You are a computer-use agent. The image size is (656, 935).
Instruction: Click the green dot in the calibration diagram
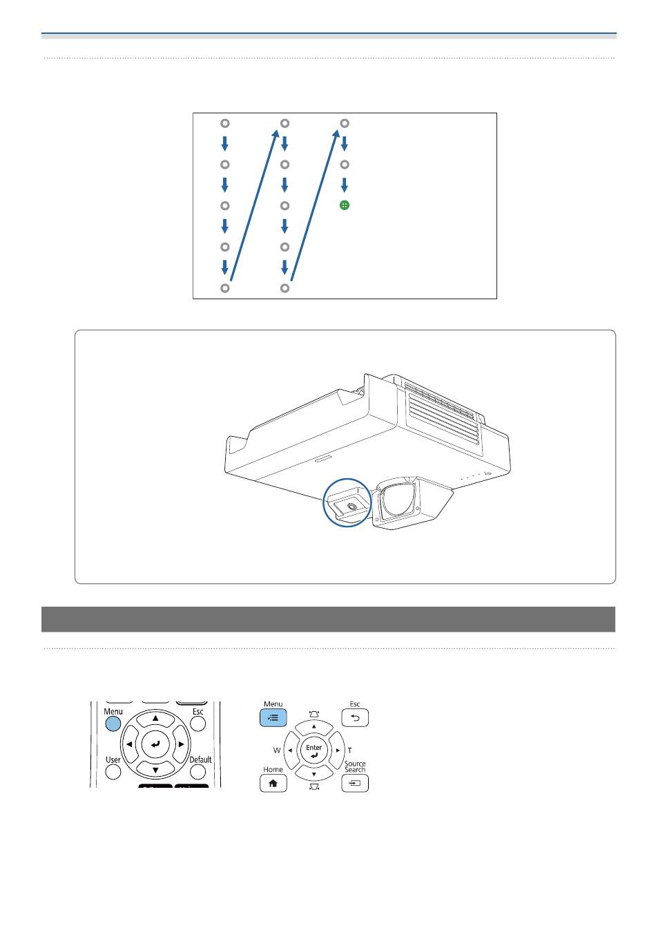click(344, 205)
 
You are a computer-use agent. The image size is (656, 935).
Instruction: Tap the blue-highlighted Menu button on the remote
click(113, 724)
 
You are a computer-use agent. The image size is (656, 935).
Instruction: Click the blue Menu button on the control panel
click(273, 717)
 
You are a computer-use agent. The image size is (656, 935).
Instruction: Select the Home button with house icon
click(273, 783)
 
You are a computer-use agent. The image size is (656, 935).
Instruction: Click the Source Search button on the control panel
click(354, 783)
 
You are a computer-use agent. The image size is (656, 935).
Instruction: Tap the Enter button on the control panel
click(313, 750)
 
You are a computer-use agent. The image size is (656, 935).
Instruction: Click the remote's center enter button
click(155, 744)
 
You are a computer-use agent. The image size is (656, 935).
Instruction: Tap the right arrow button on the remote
click(181, 744)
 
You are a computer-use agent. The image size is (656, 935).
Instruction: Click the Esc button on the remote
click(197, 724)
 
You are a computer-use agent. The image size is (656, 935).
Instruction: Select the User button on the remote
click(113, 772)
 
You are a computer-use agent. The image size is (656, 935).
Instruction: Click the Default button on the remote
click(197, 772)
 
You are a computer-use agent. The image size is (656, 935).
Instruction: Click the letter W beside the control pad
click(276, 750)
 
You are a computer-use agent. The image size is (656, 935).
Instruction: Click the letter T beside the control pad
click(349, 750)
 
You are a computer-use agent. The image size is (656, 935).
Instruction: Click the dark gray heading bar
click(328, 619)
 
